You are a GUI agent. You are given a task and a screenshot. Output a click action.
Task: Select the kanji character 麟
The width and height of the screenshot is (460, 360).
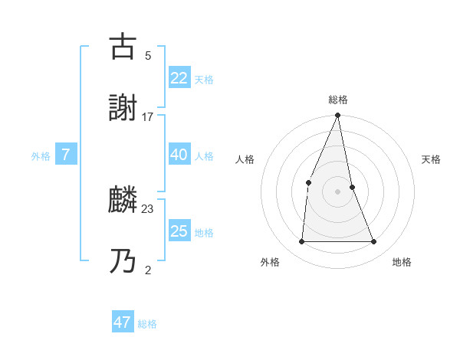pyautogui.click(x=123, y=201)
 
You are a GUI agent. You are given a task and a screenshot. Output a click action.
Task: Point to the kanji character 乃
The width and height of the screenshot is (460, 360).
pyautogui.click(x=123, y=261)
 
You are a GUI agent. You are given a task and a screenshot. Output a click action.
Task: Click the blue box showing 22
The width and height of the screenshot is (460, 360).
pyautogui.click(x=179, y=78)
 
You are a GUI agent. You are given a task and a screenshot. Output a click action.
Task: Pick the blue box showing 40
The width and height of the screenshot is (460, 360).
pyautogui.click(x=179, y=155)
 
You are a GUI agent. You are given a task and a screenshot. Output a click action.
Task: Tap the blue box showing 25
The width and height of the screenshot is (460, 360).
pyautogui.click(x=179, y=231)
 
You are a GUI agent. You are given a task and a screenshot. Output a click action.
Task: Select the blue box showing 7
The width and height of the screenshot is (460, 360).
pyautogui.click(x=66, y=155)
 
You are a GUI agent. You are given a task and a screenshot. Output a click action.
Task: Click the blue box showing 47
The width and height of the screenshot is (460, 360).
pyautogui.click(x=123, y=322)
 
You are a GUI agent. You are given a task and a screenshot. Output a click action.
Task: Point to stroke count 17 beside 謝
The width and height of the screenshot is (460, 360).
pyautogui.click(x=148, y=117)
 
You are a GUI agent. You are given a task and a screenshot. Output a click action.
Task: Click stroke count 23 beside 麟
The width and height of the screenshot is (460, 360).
pyautogui.click(x=148, y=209)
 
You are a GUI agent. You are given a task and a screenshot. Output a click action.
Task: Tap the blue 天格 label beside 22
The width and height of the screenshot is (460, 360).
pyautogui.click(x=204, y=79)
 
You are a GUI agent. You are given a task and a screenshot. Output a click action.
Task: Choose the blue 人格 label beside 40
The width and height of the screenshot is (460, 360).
pyautogui.click(x=204, y=155)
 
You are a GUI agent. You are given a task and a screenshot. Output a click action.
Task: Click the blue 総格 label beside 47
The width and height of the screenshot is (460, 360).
pyautogui.click(x=147, y=324)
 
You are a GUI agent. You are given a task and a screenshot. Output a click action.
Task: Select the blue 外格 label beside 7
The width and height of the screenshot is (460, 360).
pyautogui.click(x=41, y=155)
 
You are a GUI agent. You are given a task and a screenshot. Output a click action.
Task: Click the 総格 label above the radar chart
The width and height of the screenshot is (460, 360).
pyautogui.click(x=337, y=100)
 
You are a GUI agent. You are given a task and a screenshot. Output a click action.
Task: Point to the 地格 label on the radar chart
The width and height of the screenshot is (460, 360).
pyautogui.click(x=402, y=262)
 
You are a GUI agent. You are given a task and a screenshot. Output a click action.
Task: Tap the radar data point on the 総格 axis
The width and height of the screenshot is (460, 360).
pyautogui.click(x=337, y=116)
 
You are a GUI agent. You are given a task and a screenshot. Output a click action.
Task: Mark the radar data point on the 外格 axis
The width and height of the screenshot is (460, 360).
pyautogui.click(x=301, y=241)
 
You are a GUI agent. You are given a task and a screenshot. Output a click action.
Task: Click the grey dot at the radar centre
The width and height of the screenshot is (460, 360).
pyautogui.click(x=337, y=191)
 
